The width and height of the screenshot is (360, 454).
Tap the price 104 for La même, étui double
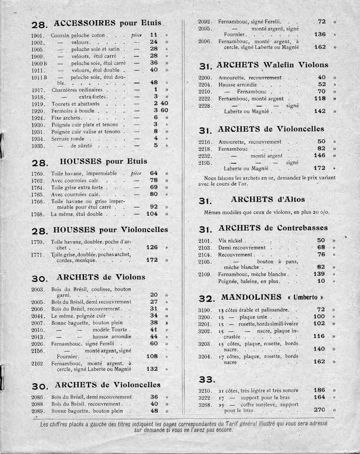pos(152,214)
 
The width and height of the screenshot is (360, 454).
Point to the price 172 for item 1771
pos(152,260)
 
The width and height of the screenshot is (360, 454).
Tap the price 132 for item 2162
pos(152,369)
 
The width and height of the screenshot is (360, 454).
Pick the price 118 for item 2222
pos(319,98)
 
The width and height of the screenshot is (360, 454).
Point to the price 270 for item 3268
pos(319,410)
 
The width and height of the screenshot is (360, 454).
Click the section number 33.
pos(206,380)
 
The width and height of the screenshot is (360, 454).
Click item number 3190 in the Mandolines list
pos(205,310)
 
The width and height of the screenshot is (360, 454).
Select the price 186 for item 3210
pos(319,390)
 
